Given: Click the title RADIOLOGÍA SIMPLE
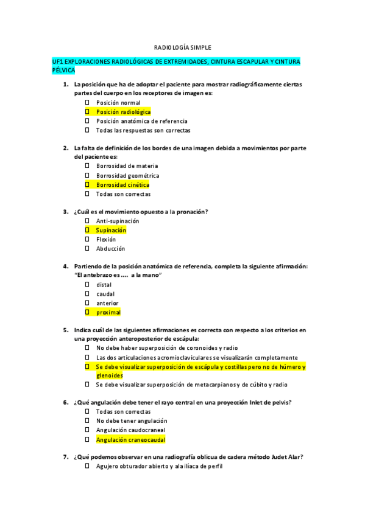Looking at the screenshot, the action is (x=182, y=47).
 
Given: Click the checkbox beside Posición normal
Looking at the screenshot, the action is (x=87, y=103).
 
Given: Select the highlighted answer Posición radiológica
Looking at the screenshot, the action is (x=123, y=112).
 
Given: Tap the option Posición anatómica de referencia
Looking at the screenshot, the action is (x=141, y=121).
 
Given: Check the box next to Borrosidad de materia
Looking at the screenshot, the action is (x=87, y=166).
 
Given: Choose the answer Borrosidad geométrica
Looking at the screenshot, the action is (x=127, y=175).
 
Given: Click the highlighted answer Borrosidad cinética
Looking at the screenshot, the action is (x=122, y=184).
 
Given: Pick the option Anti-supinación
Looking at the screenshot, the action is (x=118, y=221).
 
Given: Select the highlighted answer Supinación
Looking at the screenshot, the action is (x=111, y=230).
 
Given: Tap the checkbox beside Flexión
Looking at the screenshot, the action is (x=87, y=239).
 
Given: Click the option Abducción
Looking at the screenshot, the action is (x=110, y=248).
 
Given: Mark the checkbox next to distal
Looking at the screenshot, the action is (x=87, y=285).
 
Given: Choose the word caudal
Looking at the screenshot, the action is (x=105, y=294).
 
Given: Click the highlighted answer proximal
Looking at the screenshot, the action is (x=108, y=312).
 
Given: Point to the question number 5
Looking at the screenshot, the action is (x=65, y=330).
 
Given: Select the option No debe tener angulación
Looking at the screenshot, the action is (x=131, y=420).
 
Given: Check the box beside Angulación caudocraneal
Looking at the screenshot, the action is (x=87, y=430).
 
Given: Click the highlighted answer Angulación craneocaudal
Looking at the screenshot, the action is (x=130, y=439).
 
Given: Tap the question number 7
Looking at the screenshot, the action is (x=65, y=457).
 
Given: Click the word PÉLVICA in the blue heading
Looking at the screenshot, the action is (x=63, y=71).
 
